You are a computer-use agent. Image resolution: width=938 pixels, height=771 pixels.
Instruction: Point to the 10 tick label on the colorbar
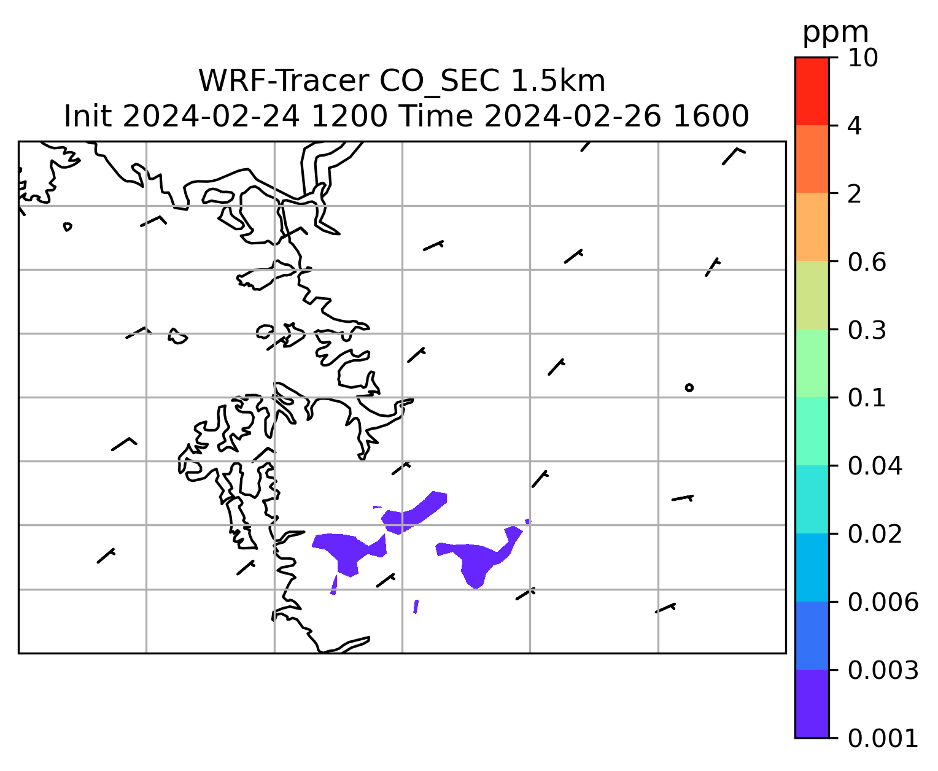pos(862,58)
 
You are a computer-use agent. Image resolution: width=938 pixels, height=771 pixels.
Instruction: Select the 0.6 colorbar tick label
pos(867,262)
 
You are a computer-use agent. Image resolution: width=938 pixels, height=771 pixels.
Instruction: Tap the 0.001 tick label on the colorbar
pos(883,738)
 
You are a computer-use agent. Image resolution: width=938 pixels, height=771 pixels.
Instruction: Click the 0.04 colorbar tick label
pos(875,466)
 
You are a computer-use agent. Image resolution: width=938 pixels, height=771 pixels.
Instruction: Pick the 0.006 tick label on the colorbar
pos(883,602)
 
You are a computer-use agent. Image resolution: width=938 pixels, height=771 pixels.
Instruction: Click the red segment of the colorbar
pos(812,91)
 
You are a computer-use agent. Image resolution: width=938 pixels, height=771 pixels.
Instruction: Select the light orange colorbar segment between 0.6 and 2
pos(812,227)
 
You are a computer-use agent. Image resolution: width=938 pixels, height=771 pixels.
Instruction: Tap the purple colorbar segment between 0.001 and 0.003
pos(812,704)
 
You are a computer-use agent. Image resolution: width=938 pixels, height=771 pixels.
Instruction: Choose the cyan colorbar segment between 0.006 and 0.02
pos(812,567)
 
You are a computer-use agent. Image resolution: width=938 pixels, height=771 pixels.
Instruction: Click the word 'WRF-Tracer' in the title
pos(284,81)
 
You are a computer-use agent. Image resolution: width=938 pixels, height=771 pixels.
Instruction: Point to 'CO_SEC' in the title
pos(440,82)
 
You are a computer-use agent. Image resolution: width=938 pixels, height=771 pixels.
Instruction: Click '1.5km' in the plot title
pos(558,81)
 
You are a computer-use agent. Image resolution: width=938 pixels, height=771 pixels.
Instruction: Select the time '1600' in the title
pos(711,117)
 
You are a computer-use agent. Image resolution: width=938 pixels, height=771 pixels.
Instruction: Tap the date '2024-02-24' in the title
pos(211,117)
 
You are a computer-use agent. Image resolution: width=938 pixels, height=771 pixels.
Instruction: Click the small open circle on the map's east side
pos(689,388)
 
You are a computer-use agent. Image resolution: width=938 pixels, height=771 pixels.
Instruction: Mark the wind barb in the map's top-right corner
pos(734,156)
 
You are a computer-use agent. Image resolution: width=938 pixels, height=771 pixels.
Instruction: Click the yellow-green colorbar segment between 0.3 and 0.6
pos(812,295)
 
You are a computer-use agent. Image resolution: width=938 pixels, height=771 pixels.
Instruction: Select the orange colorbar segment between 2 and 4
pos(812,159)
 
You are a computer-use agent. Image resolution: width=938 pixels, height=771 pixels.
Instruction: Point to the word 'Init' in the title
pos(88,117)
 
